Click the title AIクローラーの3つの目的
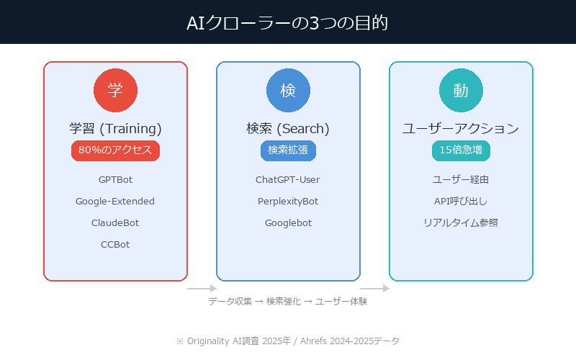[288, 22]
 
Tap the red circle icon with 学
[115, 91]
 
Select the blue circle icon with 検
[288, 91]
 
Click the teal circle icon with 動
[461, 91]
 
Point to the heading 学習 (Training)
[115, 129]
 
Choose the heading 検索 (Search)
[288, 129]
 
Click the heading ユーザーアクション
[461, 129]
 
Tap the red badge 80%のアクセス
[115, 150]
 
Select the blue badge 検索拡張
[288, 150]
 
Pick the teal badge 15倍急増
[461, 150]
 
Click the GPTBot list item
[115, 179]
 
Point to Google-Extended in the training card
[115, 201]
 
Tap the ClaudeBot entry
[115, 222]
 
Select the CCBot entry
[115, 244]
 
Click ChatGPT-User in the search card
[288, 179]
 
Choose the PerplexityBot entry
[288, 201]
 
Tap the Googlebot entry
[288, 222]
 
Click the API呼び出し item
[461, 201]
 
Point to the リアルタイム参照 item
[461, 222]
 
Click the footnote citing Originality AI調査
[288, 341]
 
